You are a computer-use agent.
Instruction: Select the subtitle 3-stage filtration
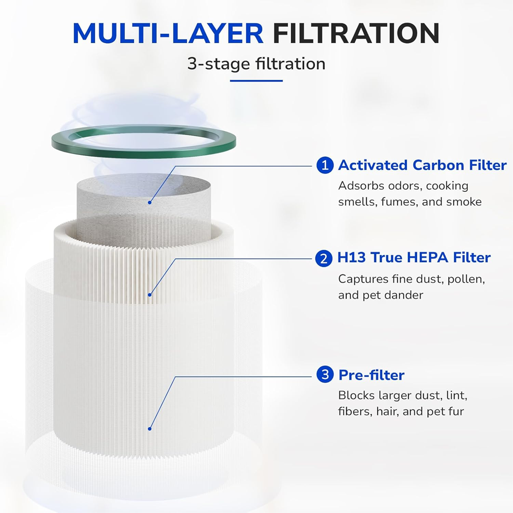pyautogui.click(x=256, y=64)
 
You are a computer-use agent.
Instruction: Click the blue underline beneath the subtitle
pyautogui.click(x=256, y=81)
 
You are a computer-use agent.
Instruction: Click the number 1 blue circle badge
pyautogui.click(x=324, y=165)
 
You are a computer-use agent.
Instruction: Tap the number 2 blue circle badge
pyautogui.click(x=324, y=258)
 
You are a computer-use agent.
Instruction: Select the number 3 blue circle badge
pyautogui.click(x=324, y=375)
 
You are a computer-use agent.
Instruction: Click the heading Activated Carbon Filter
pyautogui.click(x=422, y=165)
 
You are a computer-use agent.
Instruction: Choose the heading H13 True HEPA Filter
pyautogui.click(x=414, y=258)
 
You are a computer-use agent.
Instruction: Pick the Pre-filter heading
pyautogui.click(x=371, y=375)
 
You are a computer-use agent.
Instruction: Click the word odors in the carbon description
pyautogui.click(x=394, y=186)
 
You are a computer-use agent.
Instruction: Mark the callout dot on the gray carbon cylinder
pyautogui.click(x=150, y=202)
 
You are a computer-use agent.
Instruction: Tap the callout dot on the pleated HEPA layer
pyautogui.click(x=150, y=294)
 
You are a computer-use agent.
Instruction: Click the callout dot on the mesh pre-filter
pyautogui.click(x=150, y=428)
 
